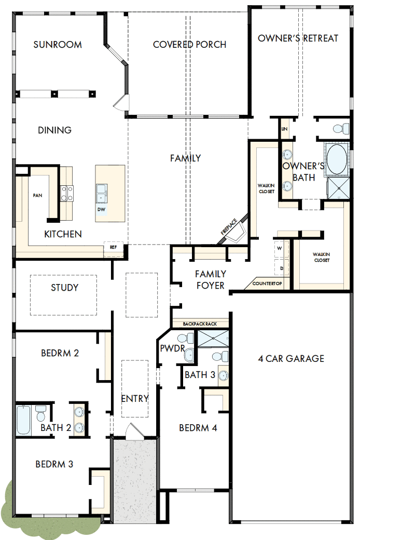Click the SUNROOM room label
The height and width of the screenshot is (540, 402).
[x=58, y=45]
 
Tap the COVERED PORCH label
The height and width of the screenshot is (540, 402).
[x=189, y=45]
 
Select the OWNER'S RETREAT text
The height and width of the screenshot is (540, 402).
[x=298, y=38]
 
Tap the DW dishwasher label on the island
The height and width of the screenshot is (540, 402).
[x=102, y=209]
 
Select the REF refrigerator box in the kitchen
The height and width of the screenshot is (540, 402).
[x=113, y=248]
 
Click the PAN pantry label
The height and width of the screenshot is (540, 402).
[x=37, y=195]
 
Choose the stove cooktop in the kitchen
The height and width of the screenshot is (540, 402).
[x=67, y=193]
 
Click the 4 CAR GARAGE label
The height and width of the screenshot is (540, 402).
[x=291, y=358]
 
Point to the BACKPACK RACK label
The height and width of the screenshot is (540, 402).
[x=200, y=324]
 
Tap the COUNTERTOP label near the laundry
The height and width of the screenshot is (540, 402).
[x=267, y=283]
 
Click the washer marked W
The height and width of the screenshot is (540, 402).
[x=280, y=249]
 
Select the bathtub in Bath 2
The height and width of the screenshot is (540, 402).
[x=24, y=420]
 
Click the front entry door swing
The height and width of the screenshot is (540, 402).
[x=134, y=430]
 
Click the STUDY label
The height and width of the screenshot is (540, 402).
[x=65, y=288]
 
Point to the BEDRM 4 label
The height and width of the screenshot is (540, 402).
[x=198, y=428]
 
